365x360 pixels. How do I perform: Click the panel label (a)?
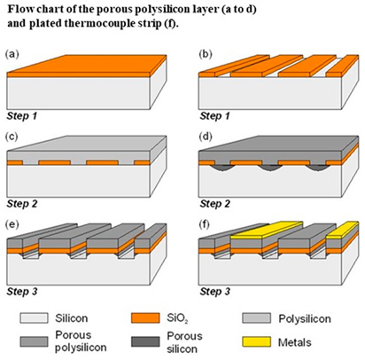point(12,54)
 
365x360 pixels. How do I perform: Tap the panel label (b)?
point(206,54)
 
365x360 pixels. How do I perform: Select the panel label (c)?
point(12,137)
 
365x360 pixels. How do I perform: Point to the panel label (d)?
point(206,137)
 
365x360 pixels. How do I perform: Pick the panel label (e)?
point(12,224)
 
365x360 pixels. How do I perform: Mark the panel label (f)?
point(205,224)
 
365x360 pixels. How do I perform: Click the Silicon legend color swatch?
point(34,318)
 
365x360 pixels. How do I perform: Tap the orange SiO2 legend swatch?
point(145,318)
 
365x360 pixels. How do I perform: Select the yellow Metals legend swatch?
point(256,341)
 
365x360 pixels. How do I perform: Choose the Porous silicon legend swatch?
point(145,341)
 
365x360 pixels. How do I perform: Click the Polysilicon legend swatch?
point(256,318)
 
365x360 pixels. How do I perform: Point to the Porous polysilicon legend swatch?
point(34,341)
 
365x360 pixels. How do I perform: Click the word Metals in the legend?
point(295,342)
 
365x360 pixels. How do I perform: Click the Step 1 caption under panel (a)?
point(22,116)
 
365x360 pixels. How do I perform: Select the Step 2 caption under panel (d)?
point(215,204)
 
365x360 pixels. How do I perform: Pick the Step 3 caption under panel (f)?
point(215,292)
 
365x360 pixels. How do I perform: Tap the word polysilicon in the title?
point(163,10)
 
